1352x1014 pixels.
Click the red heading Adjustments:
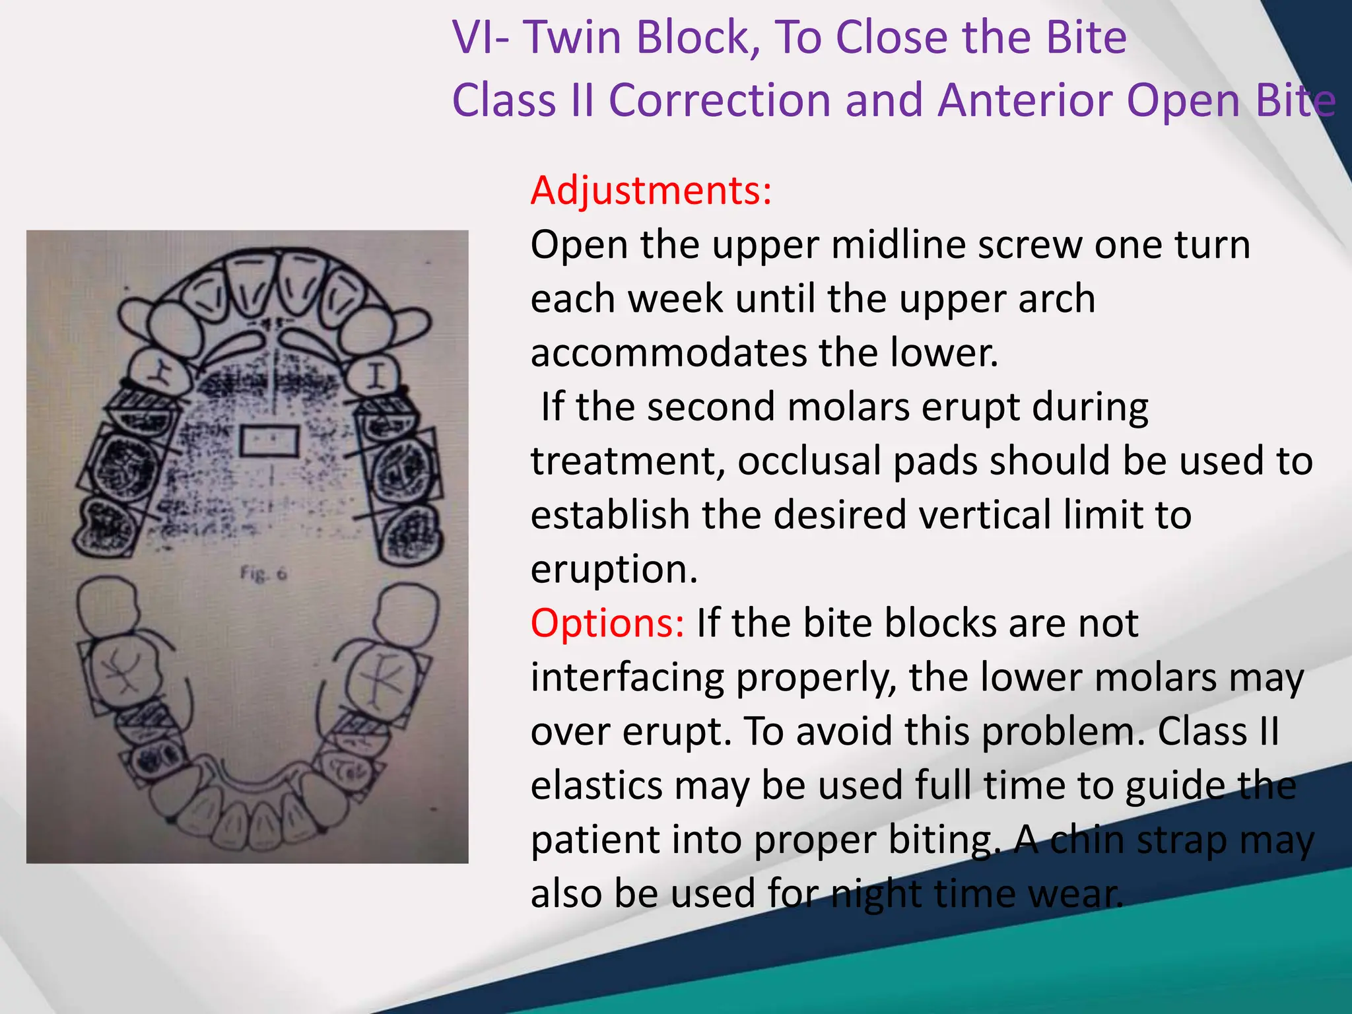pos(651,191)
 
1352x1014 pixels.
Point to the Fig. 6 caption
pos(263,574)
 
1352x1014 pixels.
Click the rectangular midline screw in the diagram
pos(269,441)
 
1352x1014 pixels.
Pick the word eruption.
pos(614,570)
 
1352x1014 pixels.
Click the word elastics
pos(597,786)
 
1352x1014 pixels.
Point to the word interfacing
pos(627,678)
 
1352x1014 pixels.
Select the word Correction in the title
pos(720,100)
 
